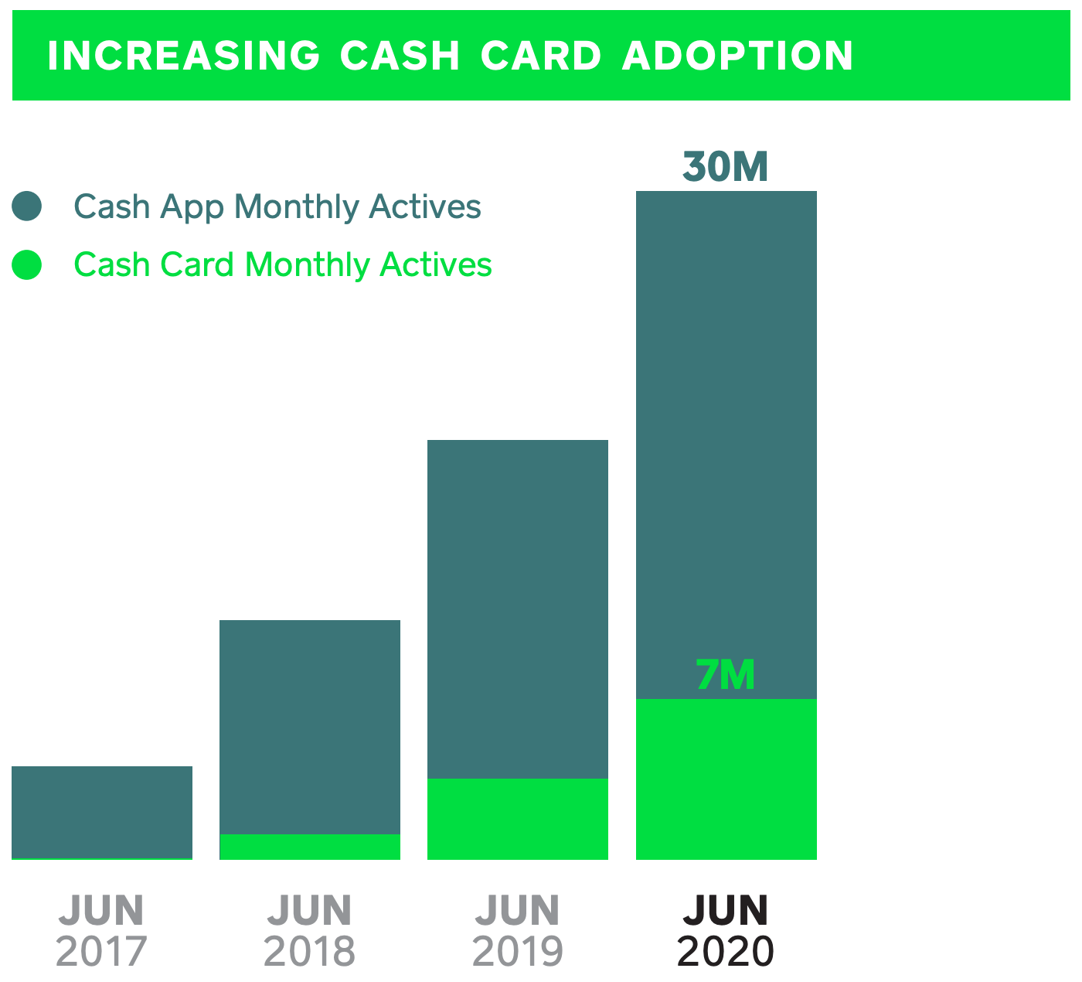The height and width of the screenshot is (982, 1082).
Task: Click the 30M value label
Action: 725,167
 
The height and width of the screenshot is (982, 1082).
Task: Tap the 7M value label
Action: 725,675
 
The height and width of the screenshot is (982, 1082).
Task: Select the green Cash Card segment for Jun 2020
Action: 726,779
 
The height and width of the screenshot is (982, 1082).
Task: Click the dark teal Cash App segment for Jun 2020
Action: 726,445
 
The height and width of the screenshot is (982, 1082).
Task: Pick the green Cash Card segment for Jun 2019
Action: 517,819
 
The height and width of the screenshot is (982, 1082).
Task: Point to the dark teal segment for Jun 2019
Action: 517,609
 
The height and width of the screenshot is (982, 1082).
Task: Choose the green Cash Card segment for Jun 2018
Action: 309,847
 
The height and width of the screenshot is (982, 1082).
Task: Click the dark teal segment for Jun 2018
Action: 309,727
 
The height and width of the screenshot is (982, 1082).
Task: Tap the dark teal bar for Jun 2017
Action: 101,812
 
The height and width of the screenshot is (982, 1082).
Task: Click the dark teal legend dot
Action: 27,206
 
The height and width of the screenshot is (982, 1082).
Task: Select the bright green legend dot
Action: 27,265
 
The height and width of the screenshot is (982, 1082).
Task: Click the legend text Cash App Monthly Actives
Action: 277,206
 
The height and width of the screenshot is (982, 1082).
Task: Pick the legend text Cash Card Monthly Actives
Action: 282,265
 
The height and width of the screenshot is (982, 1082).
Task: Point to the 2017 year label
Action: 101,952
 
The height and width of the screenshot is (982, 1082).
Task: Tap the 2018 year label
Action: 309,952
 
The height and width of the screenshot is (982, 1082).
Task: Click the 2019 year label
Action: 517,952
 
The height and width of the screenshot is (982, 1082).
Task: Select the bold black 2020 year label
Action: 725,952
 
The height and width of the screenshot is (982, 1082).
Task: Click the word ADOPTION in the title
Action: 737,56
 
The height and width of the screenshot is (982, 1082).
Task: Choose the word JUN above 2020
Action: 725,910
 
